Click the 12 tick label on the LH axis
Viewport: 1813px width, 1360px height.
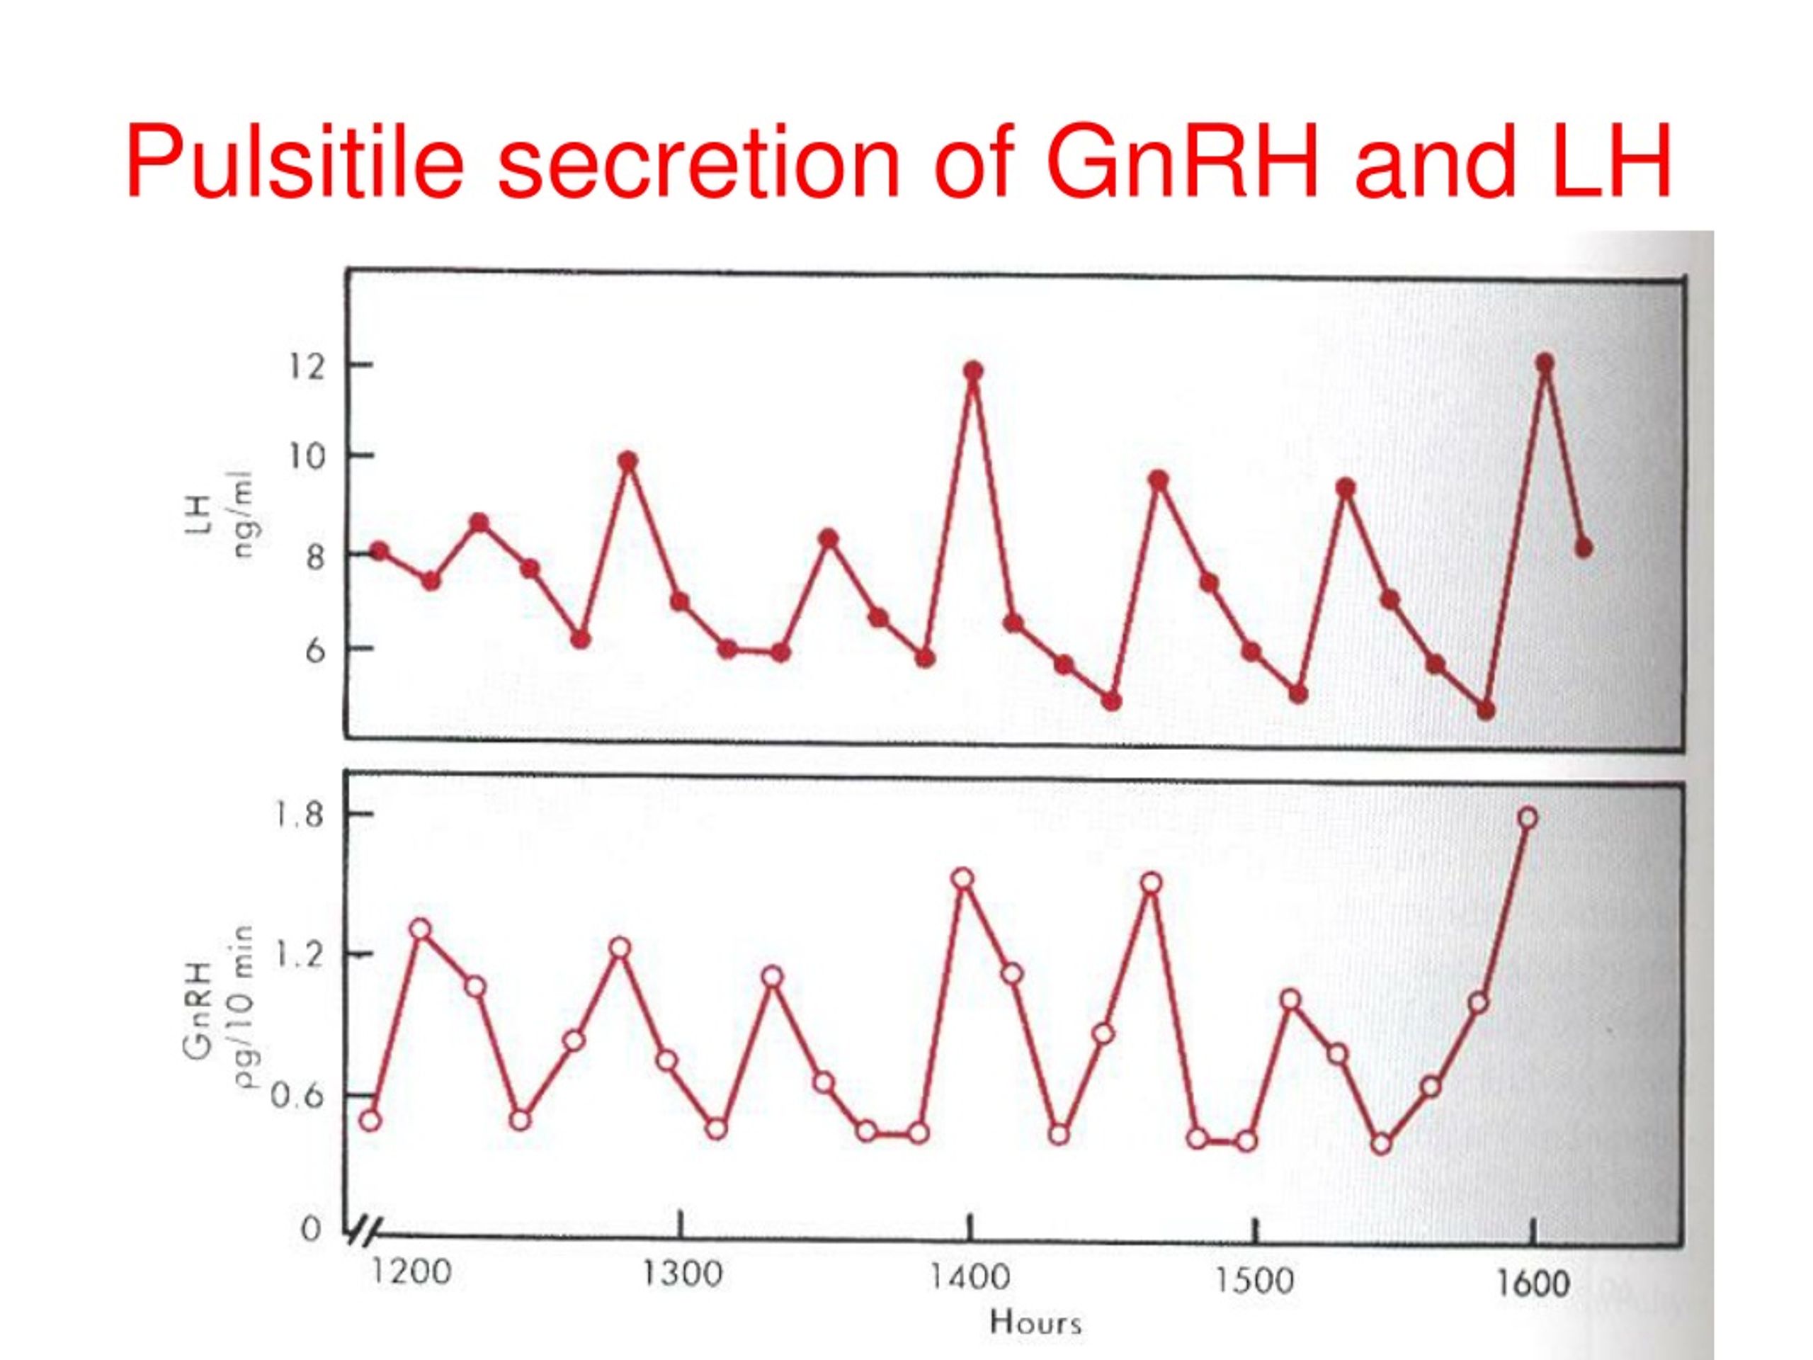pyautogui.click(x=306, y=367)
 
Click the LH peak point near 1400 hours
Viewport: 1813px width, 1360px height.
pyautogui.click(x=973, y=371)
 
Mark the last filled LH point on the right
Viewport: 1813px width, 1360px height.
pyautogui.click(x=1584, y=548)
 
